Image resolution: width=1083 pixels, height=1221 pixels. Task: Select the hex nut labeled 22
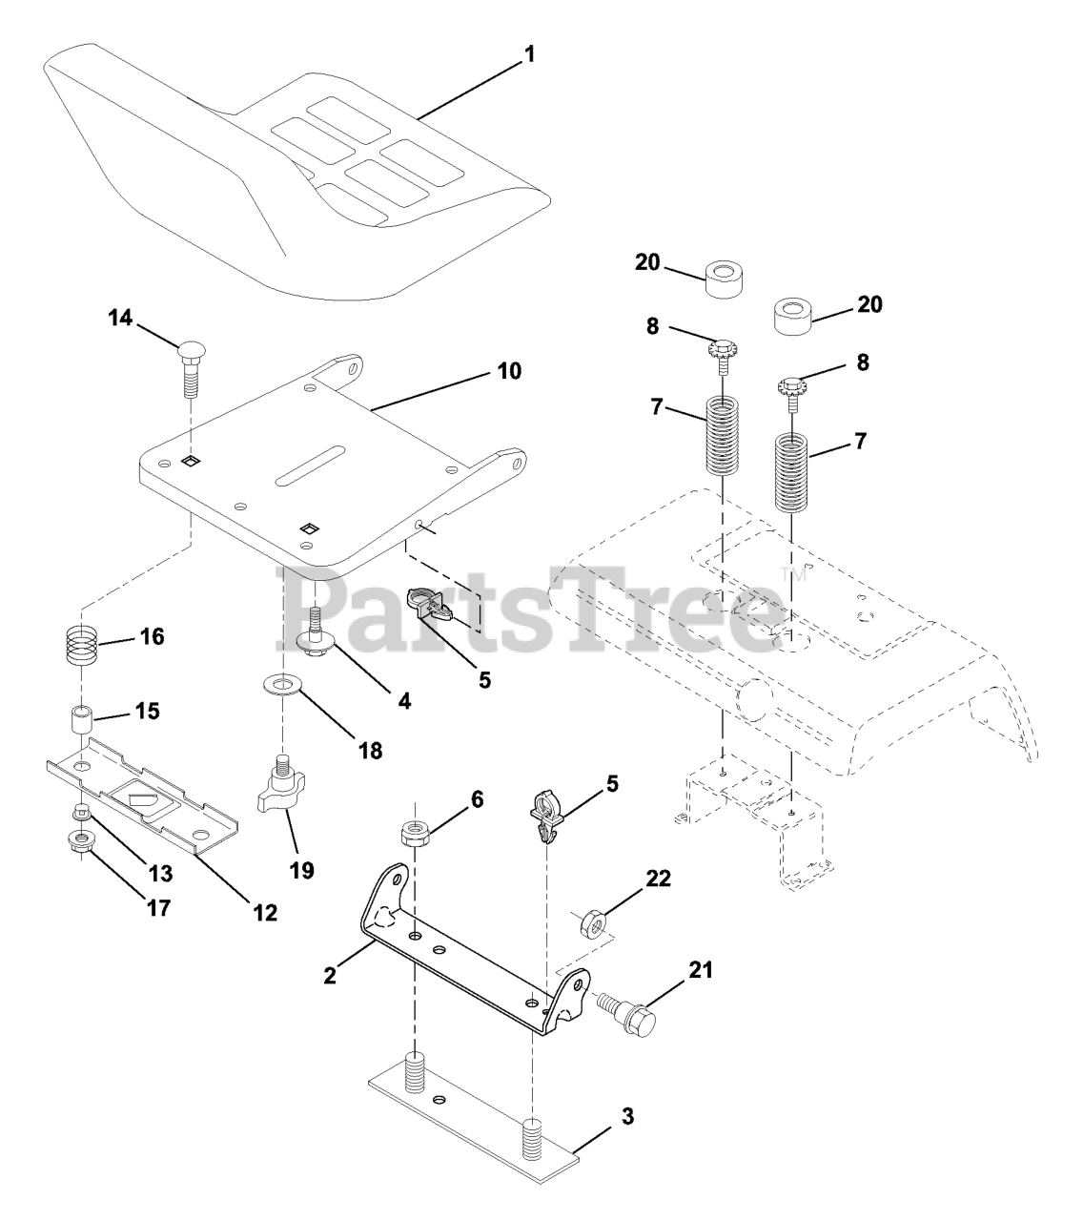click(590, 922)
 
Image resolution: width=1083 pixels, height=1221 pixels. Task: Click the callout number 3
click(626, 1115)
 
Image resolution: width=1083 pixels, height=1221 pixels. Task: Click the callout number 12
click(264, 912)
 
